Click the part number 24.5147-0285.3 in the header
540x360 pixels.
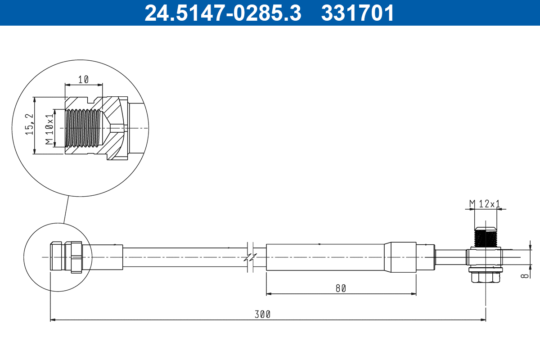coord(222,13)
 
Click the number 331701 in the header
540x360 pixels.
coord(357,13)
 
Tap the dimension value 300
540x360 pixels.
coord(262,314)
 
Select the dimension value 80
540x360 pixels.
coord(341,288)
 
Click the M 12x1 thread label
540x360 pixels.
coord(485,204)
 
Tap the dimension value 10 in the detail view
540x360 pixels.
coord(83,80)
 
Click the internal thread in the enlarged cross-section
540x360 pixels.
coord(82,128)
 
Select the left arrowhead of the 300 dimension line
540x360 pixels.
coord(52,320)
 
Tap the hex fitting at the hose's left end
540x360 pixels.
coord(73,257)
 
